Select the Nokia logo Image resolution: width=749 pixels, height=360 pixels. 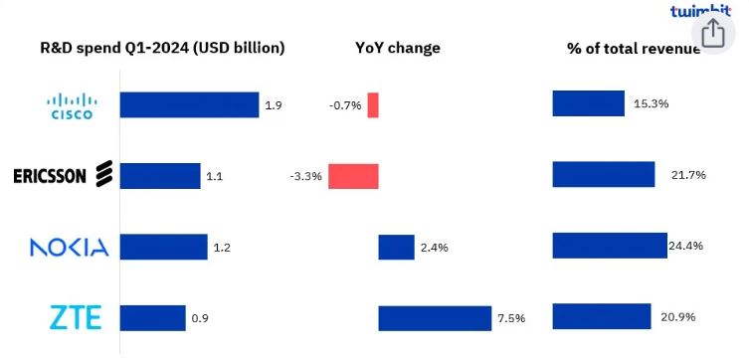[x=69, y=248]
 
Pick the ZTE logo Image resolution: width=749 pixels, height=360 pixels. [x=76, y=318]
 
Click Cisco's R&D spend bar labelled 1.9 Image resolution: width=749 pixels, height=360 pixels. [x=189, y=104]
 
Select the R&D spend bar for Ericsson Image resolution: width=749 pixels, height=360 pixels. [x=159, y=176]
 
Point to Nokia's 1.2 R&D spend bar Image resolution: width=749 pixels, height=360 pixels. [x=163, y=248]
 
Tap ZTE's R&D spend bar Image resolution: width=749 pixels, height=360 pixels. [x=152, y=318]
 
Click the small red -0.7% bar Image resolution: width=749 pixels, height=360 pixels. [x=373, y=104]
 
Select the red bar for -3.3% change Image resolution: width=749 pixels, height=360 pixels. [x=353, y=176]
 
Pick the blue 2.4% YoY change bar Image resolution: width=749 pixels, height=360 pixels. [x=396, y=248]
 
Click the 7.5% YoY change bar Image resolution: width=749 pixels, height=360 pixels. [x=435, y=318]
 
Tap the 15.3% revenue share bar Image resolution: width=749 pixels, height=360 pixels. [x=588, y=103]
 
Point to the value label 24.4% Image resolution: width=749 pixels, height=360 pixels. [x=688, y=246]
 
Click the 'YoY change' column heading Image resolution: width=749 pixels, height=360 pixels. [x=398, y=48]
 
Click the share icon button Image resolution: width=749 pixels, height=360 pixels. [x=713, y=35]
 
